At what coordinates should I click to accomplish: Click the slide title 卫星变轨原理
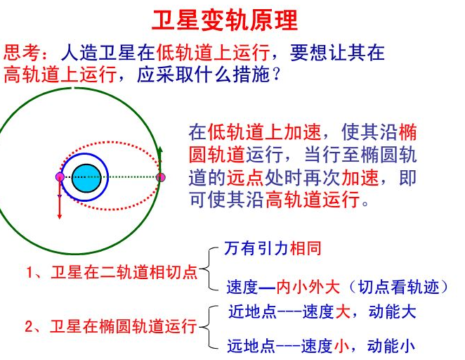click(225, 20)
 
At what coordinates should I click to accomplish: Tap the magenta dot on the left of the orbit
click(60, 176)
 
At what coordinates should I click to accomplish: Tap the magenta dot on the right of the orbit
click(160, 177)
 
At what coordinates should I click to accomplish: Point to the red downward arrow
click(59, 200)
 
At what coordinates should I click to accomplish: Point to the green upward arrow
click(160, 159)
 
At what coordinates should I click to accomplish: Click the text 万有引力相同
click(273, 248)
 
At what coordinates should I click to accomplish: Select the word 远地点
click(251, 345)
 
